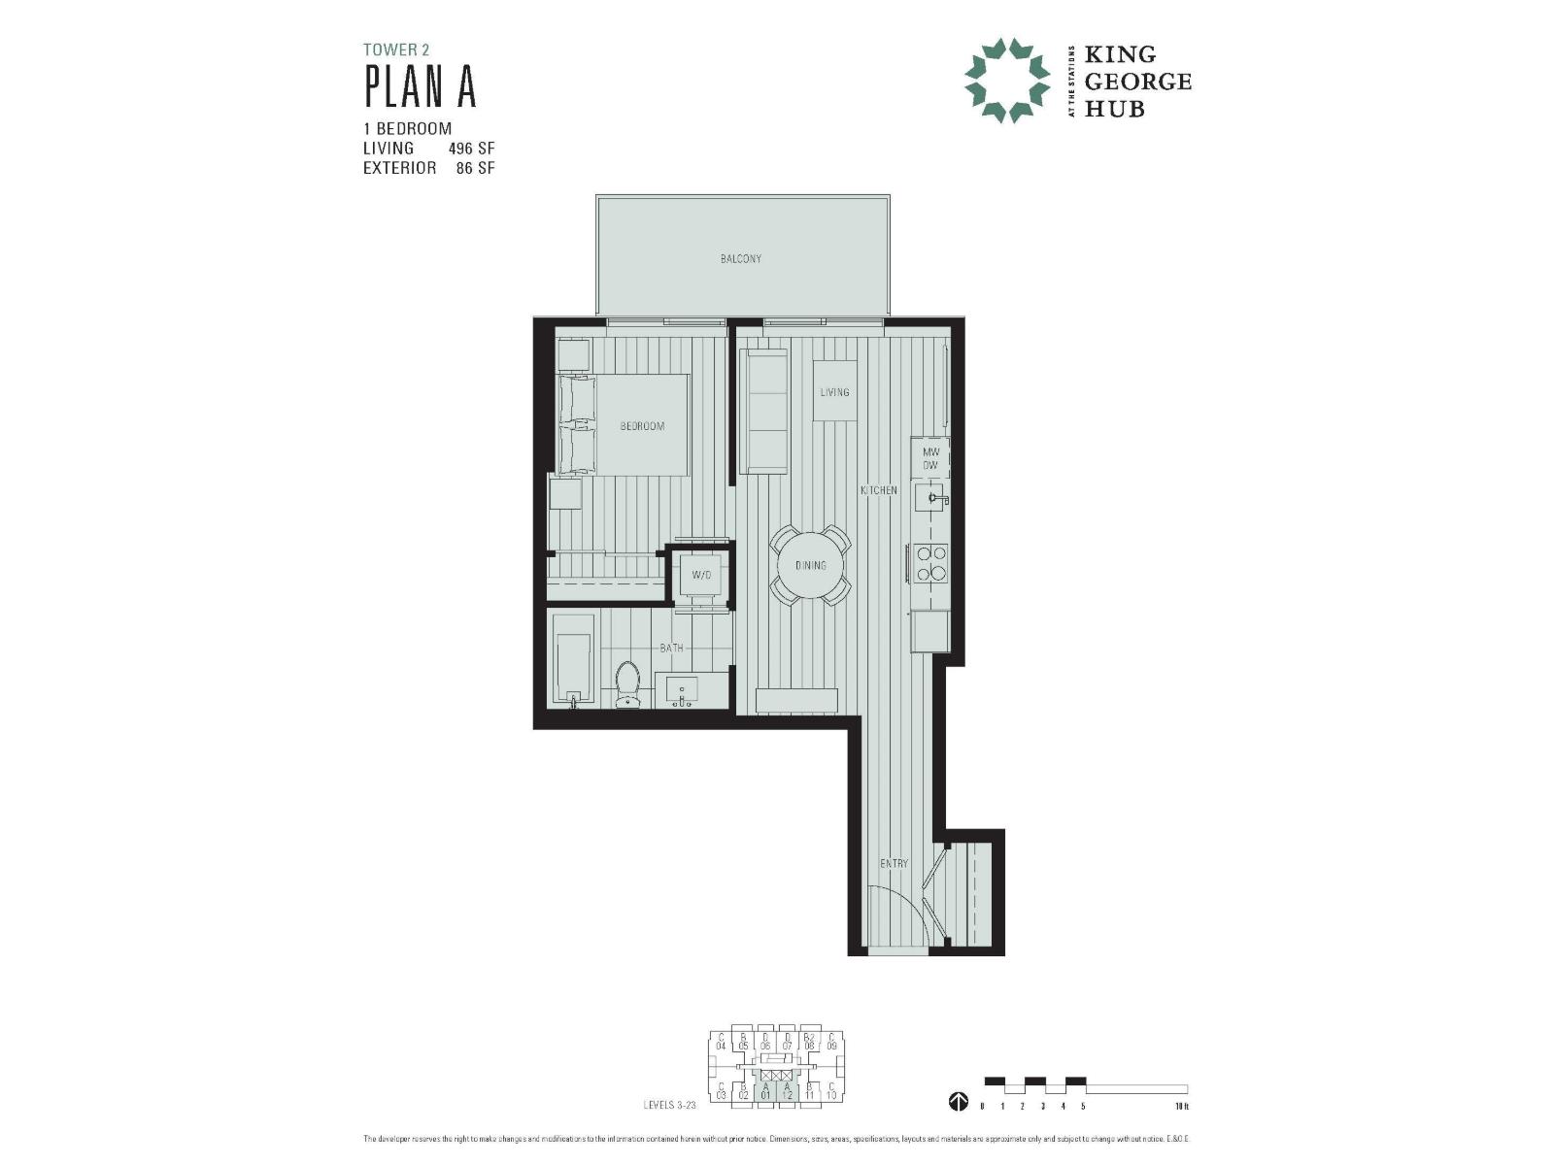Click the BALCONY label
(x=741, y=259)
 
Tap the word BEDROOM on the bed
(x=642, y=426)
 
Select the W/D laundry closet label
(x=701, y=576)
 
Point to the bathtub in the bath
(x=572, y=657)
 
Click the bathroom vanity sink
(x=683, y=690)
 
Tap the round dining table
(x=810, y=565)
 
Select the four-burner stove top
(x=929, y=563)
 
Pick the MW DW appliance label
(x=929, y=459)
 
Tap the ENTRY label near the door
(x=894, y=864)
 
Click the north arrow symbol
(x=958, y=1101)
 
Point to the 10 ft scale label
(x=1181, y=1106)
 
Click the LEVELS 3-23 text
(x=669, y=1105)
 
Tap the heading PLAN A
(x=420, y=86)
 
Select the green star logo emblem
(x=1006, y=81)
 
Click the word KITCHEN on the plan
(x=878, y=490)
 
